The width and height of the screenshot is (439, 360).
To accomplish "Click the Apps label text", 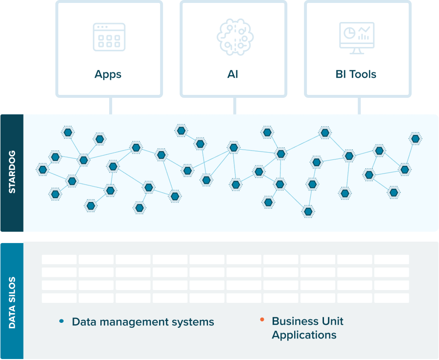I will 108,75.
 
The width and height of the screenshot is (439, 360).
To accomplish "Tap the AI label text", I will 233,75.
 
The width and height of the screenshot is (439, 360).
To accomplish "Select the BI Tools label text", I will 356,75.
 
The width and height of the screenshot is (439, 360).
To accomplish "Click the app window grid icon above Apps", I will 109,37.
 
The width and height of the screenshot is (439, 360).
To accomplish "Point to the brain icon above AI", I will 233,36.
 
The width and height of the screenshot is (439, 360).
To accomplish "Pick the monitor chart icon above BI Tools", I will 357,37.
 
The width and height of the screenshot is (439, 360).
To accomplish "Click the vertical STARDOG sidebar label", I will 12,173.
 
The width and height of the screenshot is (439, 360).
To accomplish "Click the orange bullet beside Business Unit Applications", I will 262,320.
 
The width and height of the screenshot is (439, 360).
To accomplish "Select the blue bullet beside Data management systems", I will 61,321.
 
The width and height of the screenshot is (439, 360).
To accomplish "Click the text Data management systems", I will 143,322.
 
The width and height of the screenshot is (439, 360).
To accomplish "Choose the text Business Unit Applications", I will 307,328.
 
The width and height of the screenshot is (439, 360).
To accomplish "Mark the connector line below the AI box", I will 235,105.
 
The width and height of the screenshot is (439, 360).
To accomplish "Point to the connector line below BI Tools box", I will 360,105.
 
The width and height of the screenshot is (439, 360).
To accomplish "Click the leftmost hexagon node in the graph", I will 43,170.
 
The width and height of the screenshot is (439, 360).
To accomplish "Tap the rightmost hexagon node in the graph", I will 416,138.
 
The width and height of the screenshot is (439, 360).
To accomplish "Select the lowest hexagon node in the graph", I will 308,212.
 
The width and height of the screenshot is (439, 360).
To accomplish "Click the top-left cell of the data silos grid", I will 59,259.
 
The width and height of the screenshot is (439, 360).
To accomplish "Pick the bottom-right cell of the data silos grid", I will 392,298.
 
